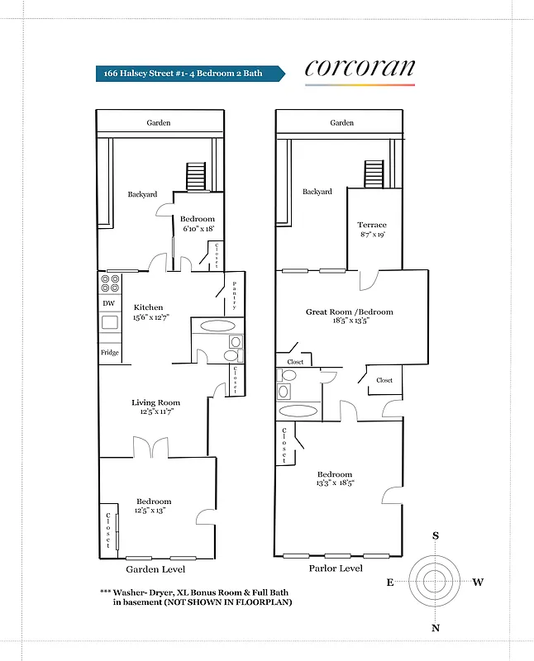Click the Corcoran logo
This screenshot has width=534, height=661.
click(360, 69)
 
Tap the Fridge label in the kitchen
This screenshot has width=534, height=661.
click(109, 353)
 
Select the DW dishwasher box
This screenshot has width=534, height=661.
click(108, 303)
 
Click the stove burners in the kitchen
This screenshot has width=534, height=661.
click(109, 283)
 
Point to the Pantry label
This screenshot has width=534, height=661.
click(235, 295)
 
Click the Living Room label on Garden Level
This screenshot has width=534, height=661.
click(155, 403)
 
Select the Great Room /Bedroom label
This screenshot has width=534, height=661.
click(349, 312)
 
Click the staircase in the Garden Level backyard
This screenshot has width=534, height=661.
click(195, 176)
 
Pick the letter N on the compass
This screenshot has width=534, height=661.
click(436, 628)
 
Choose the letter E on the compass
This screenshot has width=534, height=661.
click(389, 583)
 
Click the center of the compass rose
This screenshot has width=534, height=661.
click(436, 582)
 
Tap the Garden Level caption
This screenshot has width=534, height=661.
click(155, 569)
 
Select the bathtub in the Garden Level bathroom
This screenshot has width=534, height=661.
click(212, 326)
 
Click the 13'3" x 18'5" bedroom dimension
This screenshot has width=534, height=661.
click(335, 483)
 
